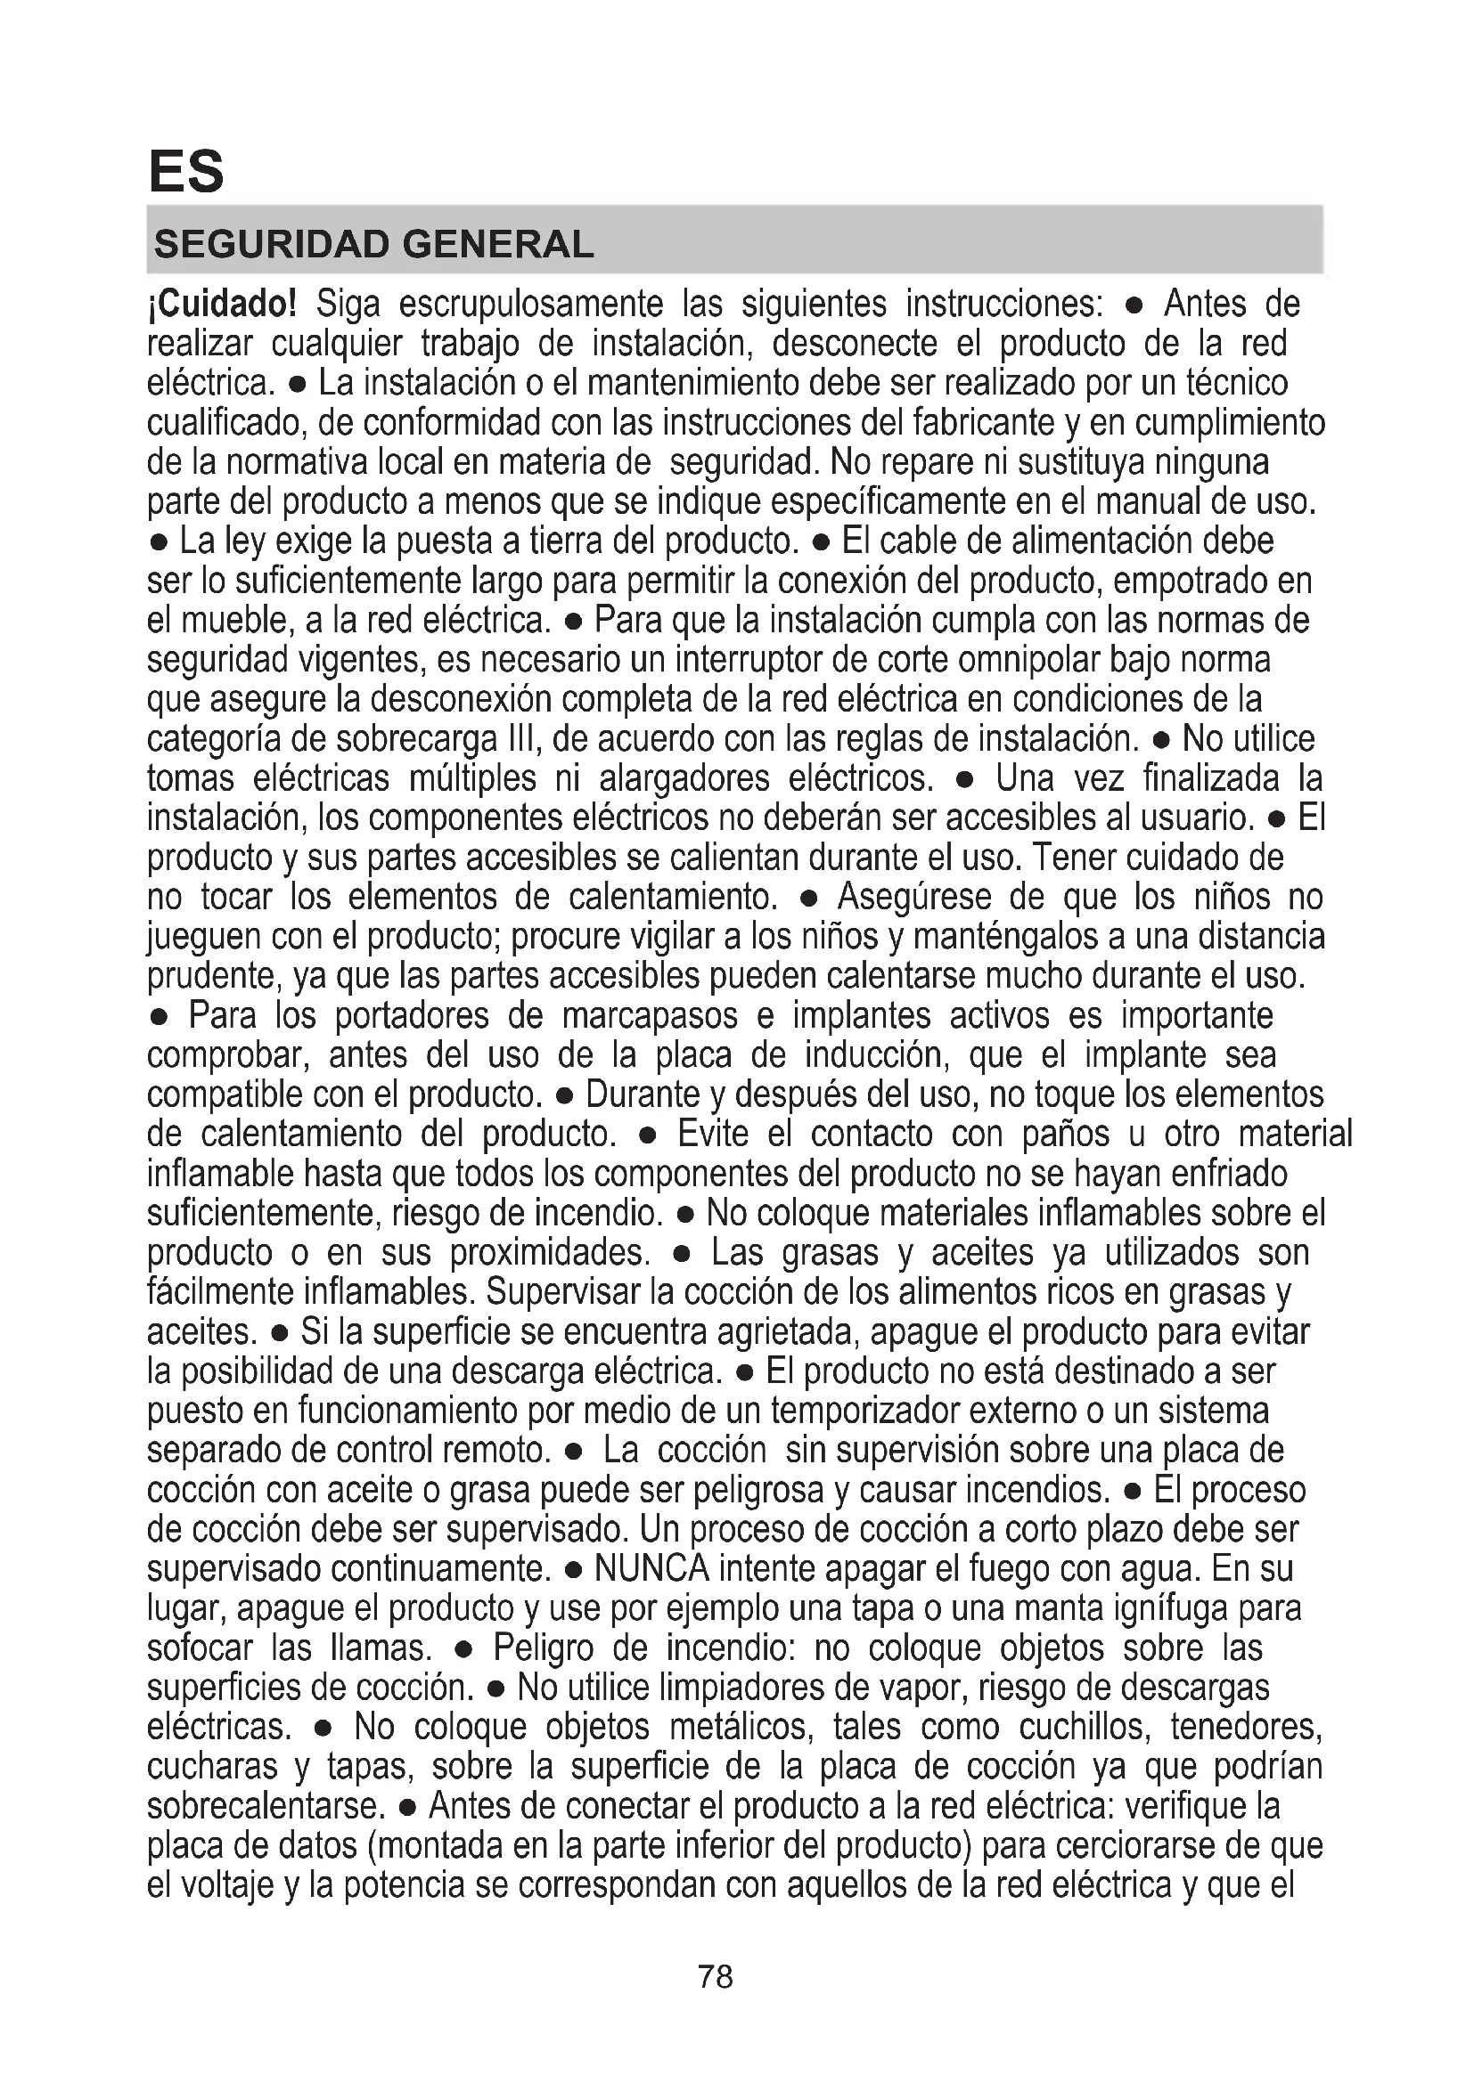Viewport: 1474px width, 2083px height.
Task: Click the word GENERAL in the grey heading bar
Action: coord(497,244)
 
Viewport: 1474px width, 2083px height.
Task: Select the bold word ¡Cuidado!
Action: coord(222,304)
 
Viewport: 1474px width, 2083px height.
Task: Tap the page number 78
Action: coord(716,1976)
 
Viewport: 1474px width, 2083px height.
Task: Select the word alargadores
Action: coord(684,779)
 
